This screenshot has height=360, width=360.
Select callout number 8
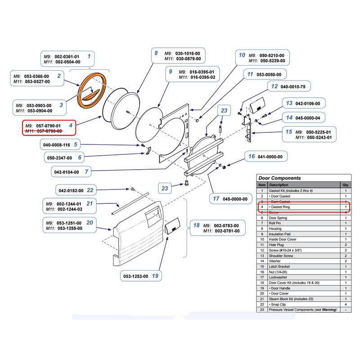pyautogui.click(x=156, y=53)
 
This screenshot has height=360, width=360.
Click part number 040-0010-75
pyautogui.click(x=292, y=86)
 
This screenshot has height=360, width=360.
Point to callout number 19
pyautogui.click(x=155, y=276)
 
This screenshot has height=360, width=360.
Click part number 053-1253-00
pyautogui.click(x=135, y=276)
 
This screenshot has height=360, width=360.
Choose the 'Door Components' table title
pyautogui.click(x=279, y=178)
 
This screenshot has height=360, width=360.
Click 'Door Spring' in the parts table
pyautogui.click(x=278, y=218)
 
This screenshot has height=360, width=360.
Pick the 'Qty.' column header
pyautogui.click(x=346, y=185)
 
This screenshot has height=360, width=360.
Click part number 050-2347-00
pyautogui.click(x=60, y=158)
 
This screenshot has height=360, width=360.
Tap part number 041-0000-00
pyautogui.click(x=270, y=157)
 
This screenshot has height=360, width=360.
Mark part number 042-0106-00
pyautogui.click(x=308, y=103)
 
